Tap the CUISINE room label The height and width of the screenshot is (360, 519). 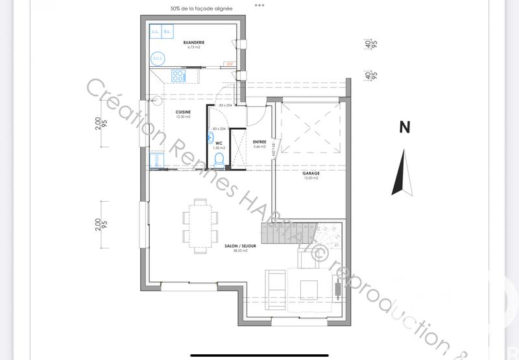183,112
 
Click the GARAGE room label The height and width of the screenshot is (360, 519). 310,173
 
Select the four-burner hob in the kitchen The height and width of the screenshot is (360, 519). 178,77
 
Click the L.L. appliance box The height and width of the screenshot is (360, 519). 156,32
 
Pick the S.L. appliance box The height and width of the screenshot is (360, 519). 167,32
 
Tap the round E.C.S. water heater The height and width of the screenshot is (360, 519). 157,58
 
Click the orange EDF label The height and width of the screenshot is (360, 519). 229,64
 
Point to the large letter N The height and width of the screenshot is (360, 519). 404,128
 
